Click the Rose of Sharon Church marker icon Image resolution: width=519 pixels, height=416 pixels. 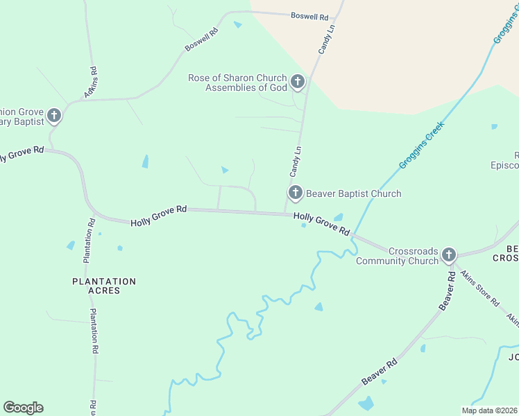point(298,83)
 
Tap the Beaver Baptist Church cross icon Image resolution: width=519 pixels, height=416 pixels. point(295,193)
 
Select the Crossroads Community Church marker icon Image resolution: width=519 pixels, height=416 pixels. point(449,254)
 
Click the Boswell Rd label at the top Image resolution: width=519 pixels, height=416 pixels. point(309,15)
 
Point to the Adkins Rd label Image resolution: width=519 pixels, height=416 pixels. point(90,81)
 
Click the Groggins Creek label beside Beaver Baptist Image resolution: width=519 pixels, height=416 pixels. point(421,146)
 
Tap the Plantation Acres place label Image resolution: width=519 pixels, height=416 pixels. point(104,286)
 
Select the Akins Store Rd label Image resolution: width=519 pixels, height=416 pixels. point(480,288)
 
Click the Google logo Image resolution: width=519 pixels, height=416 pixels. point(23,408)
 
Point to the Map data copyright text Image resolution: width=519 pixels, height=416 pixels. point(488,410)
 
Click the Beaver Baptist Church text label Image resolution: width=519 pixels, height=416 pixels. point(354,193)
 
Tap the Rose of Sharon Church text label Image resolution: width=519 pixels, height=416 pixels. point(237,83)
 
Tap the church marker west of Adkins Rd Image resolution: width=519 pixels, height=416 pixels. point(54,116)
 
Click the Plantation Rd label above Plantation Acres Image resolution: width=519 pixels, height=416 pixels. point(89,241)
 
